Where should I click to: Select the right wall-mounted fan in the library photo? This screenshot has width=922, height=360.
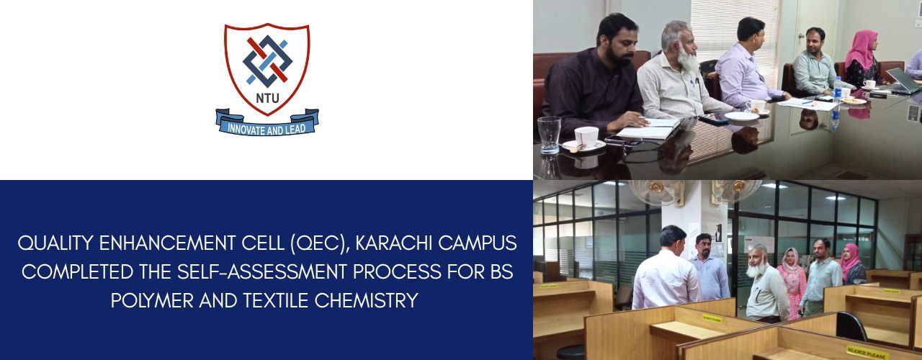737,191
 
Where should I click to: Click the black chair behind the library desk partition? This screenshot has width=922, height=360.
851,326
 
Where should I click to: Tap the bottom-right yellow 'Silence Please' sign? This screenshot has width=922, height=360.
868,352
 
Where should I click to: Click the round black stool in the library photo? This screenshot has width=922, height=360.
571,351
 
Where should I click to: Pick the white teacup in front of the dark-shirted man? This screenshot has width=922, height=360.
586,136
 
